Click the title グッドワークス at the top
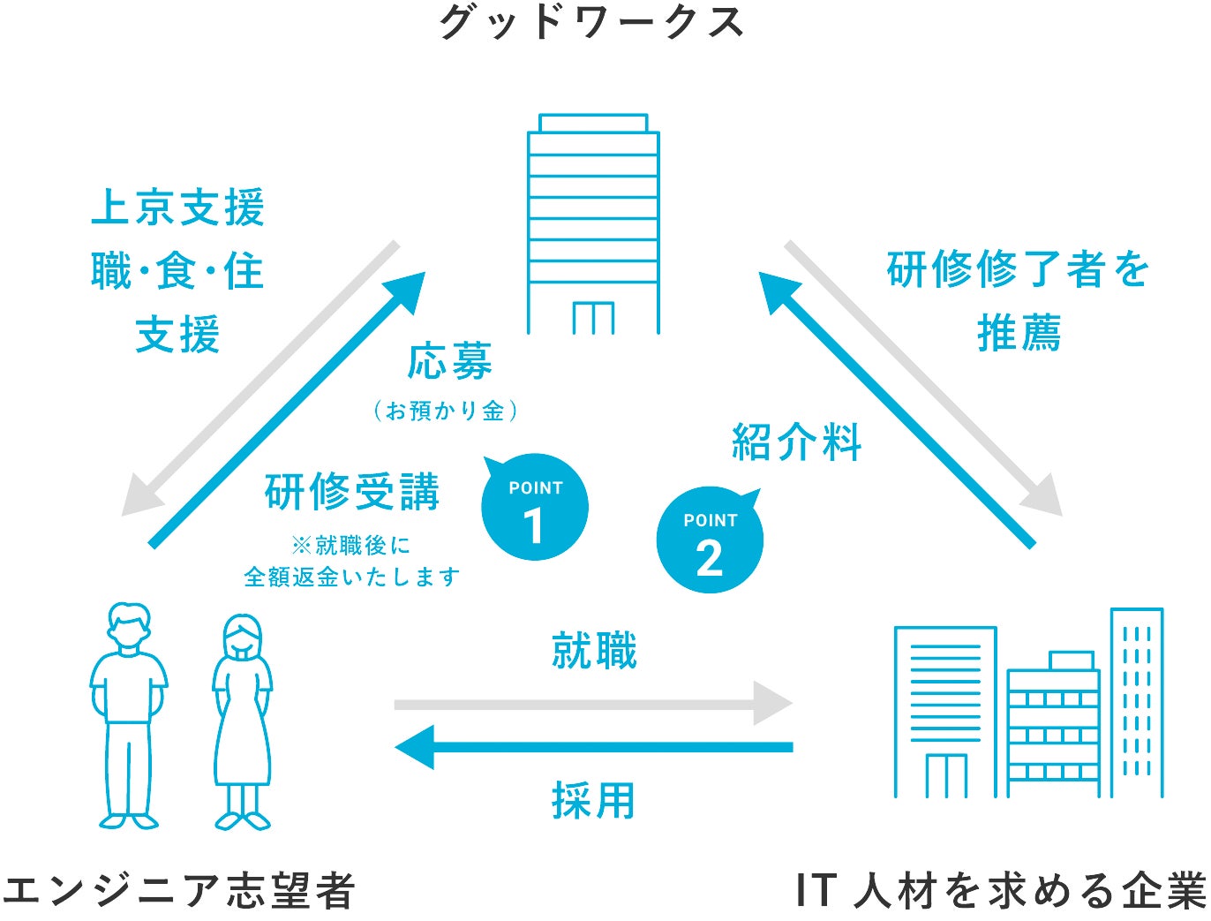[592, 22]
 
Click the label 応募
[450, 362]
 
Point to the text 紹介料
[797, 442]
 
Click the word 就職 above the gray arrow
[594, 651]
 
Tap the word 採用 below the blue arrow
[594, 801]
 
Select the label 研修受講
[352, 492]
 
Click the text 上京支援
[177, 208]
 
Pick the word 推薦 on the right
[1019, 334]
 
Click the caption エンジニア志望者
[178, 890]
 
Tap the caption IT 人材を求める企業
[1001, 890]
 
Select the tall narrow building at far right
[1136, 702]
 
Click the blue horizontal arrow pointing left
[593, 747]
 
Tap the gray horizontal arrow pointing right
[593, 704]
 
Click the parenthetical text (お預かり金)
[446, 411]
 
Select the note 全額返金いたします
[352, 578]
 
